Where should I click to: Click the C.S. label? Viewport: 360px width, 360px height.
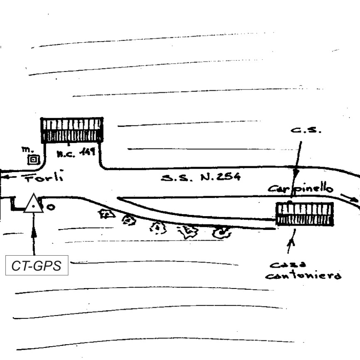point(306,130)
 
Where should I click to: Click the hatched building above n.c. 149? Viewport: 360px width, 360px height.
point(72,130)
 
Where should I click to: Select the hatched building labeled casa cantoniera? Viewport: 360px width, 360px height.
point(305,214)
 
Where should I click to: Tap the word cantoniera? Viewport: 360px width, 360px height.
point(303,276)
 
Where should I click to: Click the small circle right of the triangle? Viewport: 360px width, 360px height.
point(51,207)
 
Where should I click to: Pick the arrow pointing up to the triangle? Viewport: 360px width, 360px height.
point(34,233)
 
